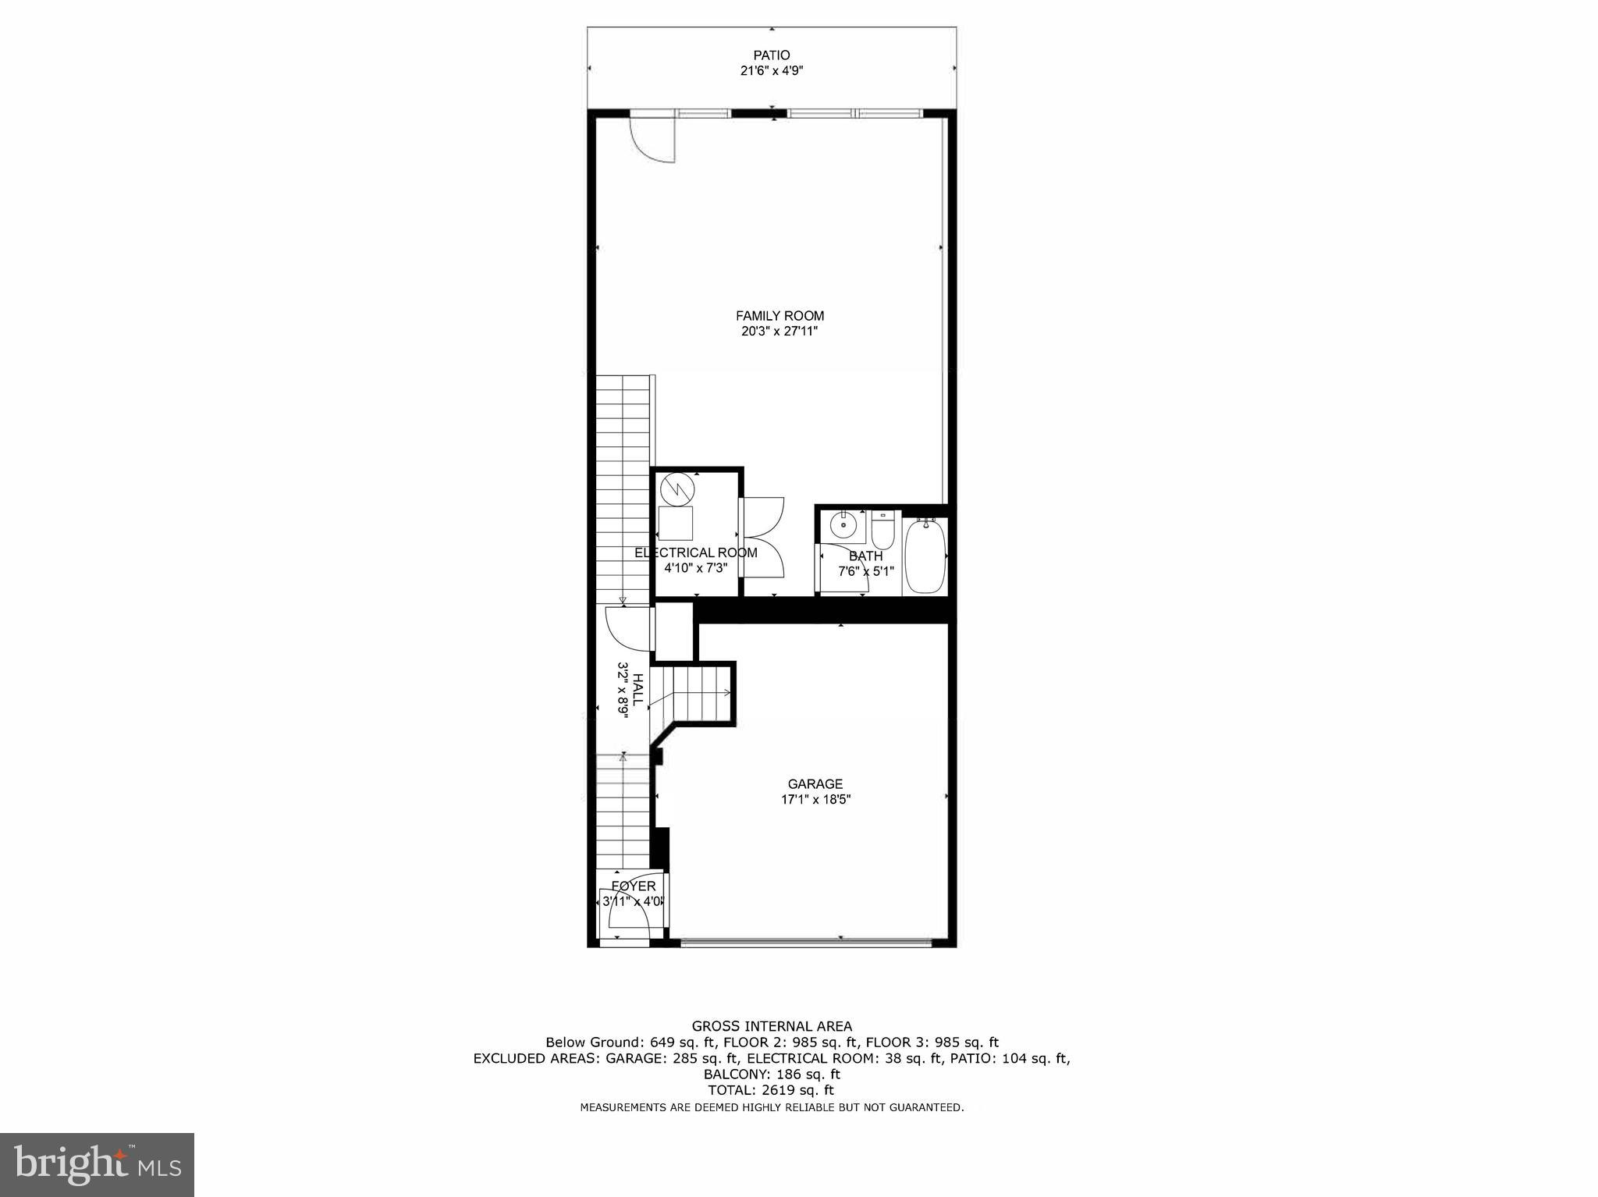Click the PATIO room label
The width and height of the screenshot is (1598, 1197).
[771, 55]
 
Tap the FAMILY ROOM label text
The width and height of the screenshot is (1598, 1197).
[779, 316]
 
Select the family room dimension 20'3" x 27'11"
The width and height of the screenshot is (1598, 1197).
[779, 331]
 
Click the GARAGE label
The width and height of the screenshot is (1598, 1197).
[815, 784]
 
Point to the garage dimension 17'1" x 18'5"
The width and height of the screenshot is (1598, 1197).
[815, 799]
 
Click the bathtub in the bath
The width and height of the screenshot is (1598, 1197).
[925, 556]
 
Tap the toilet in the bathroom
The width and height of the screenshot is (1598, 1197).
[883, 531]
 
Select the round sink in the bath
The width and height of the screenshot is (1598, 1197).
[843, 525]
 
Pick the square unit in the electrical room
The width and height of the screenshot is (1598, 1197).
[676, 522]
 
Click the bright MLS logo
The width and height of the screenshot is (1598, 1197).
[97, 1164]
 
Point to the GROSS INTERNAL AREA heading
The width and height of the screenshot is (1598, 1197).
[772, 1026]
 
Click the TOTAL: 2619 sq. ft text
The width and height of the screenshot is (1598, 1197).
[771, 1090]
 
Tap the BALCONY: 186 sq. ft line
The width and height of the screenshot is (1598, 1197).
[772, 1074]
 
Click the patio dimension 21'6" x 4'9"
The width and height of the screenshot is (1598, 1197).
[771, 71]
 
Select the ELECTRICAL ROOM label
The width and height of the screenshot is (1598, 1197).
[695, 552]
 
